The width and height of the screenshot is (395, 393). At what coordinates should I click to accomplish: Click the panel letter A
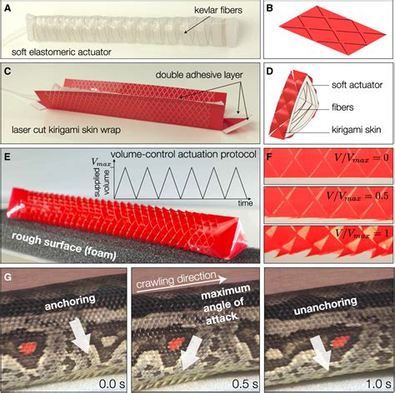[7, 8]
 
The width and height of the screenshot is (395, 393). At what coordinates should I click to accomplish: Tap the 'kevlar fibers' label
[218, 11]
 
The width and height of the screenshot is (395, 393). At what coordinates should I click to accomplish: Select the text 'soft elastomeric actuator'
[62, 52]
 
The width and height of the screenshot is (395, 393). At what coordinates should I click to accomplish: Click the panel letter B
[269, 8]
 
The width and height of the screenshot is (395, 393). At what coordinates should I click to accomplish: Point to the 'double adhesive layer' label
[199, 75]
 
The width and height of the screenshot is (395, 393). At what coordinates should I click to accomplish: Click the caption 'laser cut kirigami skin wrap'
[66, 130]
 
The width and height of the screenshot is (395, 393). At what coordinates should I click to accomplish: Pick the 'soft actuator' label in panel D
[357, 85]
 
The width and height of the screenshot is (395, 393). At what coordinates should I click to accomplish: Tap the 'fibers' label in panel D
[342, 107]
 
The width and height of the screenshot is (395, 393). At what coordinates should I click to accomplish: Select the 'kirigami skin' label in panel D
[356, 130]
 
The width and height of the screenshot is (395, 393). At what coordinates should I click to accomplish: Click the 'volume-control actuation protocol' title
[183, 154]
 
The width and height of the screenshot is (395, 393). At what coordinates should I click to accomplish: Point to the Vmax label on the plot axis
[101, 162]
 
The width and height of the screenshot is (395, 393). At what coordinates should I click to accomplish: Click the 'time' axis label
[245, 203]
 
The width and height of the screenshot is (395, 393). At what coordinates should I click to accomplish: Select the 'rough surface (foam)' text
[64, 245]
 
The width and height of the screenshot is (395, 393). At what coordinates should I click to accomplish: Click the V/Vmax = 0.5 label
[357, 196]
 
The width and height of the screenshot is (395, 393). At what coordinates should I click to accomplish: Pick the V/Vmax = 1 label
[362, 233]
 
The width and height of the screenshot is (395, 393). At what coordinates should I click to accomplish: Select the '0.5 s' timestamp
[245, 384]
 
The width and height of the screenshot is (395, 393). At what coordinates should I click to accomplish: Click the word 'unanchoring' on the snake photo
[325, 306]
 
